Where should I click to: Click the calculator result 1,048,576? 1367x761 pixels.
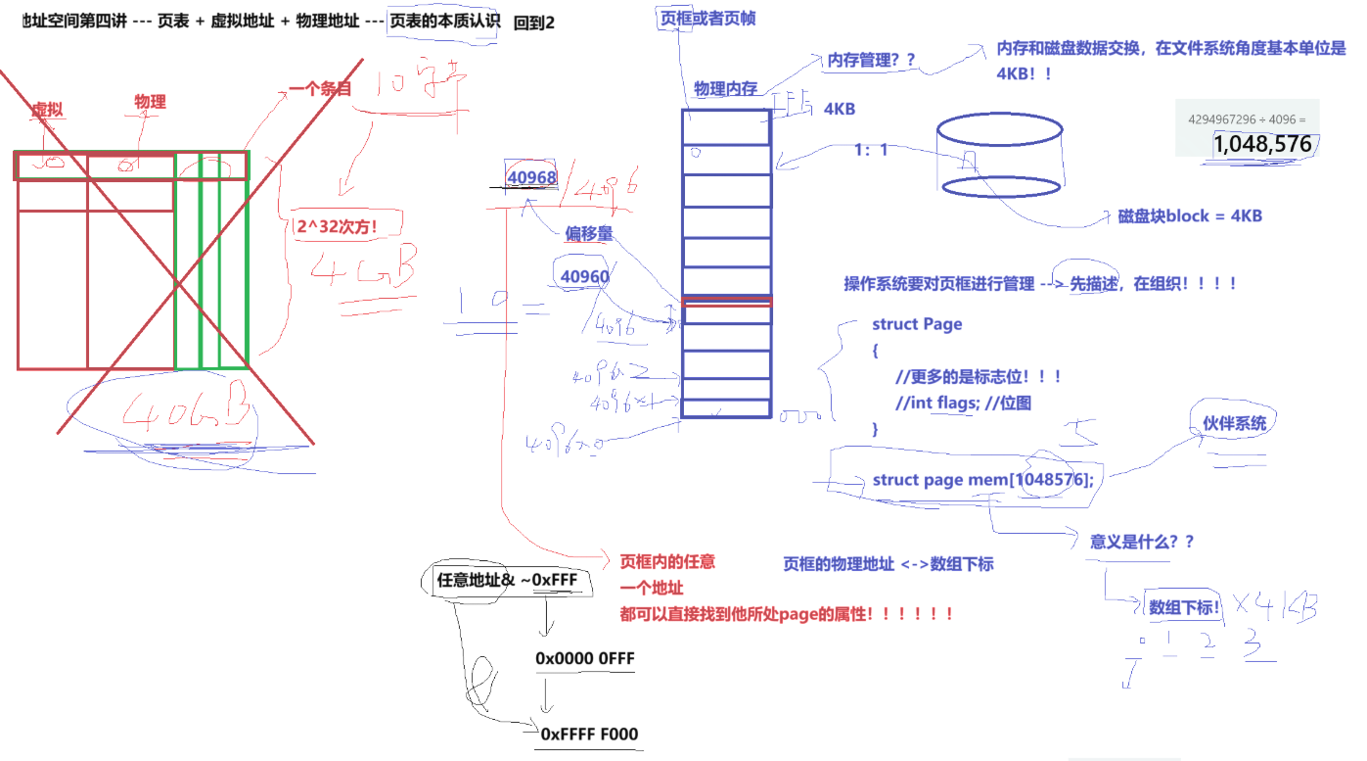(1261, 144)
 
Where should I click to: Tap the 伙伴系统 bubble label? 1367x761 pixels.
(1234, 423)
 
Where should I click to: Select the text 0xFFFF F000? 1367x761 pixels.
(590, 734)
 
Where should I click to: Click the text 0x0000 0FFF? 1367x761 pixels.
(585, 658)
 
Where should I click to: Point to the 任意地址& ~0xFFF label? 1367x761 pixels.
(507, 580)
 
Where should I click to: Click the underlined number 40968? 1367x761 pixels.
(532, 177)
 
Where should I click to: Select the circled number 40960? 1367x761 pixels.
(584, 277)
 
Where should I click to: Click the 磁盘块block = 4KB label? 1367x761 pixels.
(1190, 215)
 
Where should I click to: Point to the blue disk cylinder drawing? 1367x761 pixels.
(999, 157)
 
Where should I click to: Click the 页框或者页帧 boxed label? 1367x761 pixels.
(707, 19)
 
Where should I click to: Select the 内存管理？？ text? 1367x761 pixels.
(871, 60)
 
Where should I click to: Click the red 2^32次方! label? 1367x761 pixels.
(337, 225)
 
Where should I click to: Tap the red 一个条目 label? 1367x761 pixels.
(320, 89)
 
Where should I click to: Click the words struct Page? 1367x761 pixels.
(917, 324)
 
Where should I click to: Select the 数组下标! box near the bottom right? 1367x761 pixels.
(1184, 607)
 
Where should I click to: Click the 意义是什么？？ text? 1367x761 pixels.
(1142, 542)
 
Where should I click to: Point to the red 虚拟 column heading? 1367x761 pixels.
(47, 110)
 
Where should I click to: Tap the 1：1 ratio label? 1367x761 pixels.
(871, 150)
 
